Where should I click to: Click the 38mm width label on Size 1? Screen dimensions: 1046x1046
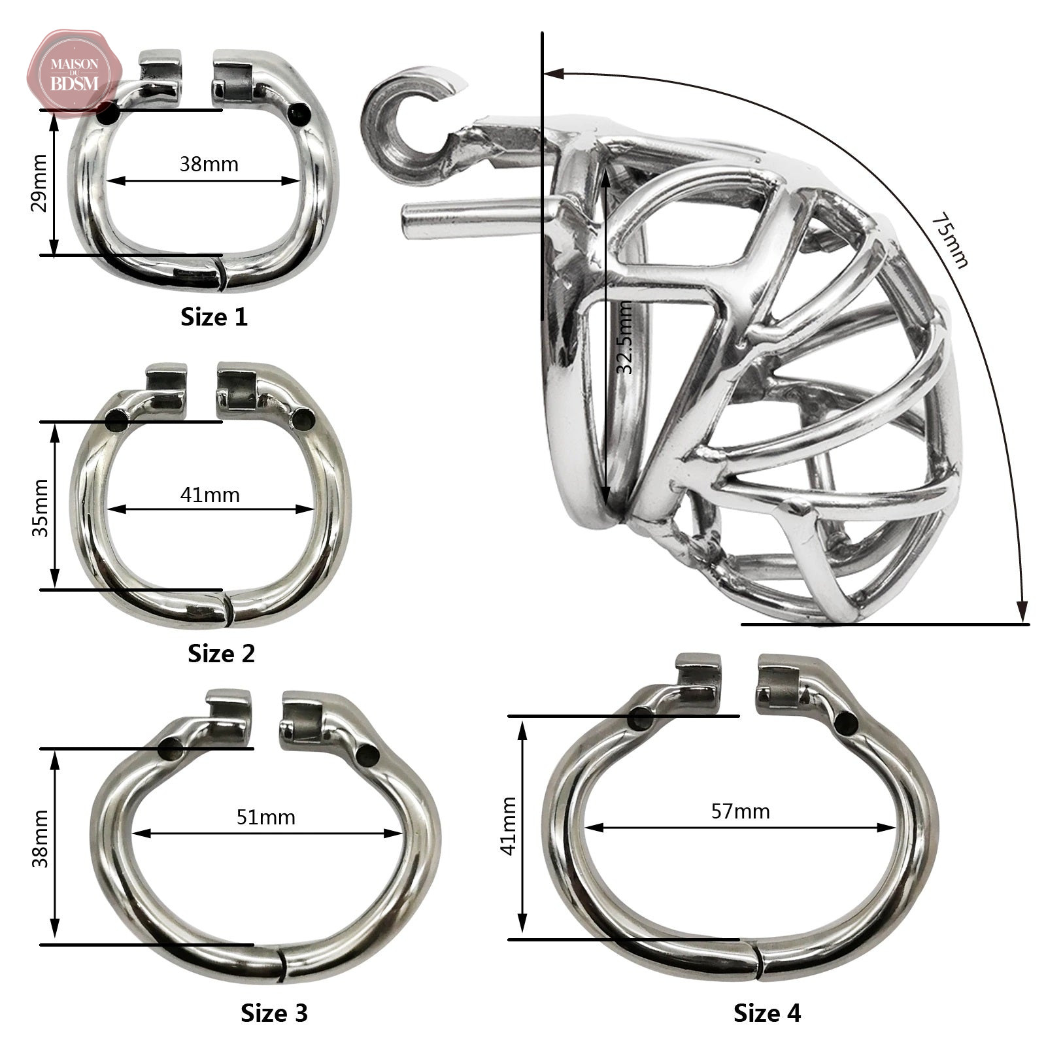(x=209, y=163)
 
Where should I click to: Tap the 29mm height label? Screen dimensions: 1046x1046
(x=40, y=183)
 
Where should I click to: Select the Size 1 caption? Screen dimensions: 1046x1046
(x=214, y=317)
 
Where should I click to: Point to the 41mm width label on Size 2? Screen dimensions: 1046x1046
(x=210, y=495)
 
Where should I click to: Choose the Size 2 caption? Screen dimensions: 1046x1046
(x=221, y=653)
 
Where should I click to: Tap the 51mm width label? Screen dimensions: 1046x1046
(x=266, y=817)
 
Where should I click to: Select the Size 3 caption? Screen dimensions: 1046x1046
(x=274, y=1013)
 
